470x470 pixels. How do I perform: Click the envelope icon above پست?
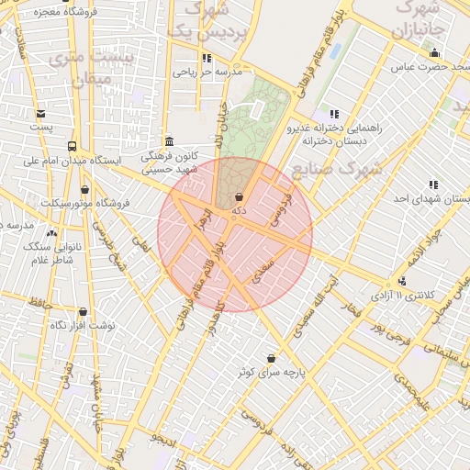click(40, 114)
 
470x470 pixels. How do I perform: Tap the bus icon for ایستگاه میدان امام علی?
click(72, 146)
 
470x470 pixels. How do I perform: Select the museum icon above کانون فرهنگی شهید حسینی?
click(169, 140)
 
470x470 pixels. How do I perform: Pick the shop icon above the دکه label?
click(240, 196)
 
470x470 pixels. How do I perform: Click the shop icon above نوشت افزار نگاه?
click(83, 312)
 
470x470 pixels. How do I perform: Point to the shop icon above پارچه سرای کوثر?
click(271, 358)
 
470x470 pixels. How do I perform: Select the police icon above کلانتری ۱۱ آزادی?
click(402, 281)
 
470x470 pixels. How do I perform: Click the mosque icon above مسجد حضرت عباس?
click(433, 52)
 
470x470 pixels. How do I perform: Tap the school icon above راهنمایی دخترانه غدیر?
click(331, 113)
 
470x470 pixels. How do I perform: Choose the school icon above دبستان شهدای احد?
click(432, 184)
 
